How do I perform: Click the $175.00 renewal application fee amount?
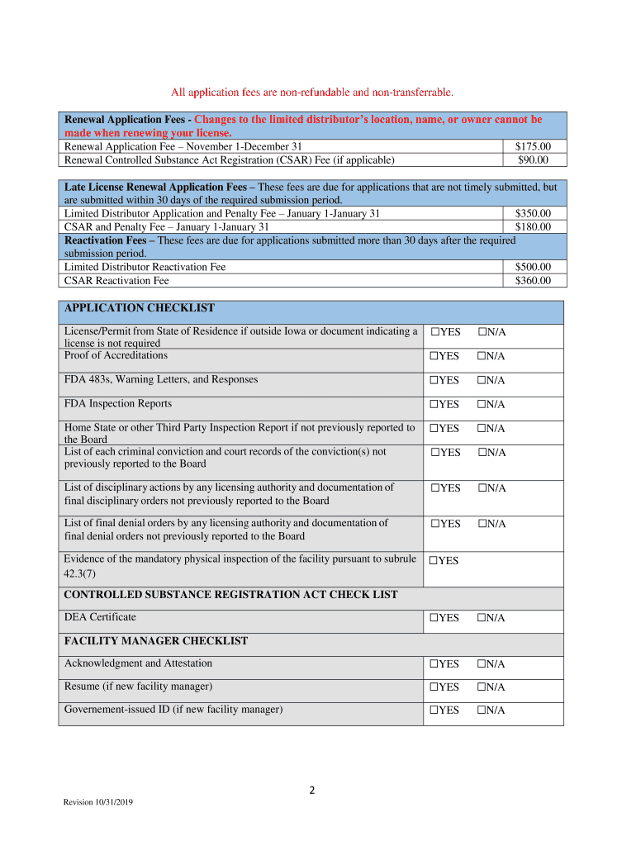(x=533, y=146)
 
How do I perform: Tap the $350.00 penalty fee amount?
(x=533, y=213)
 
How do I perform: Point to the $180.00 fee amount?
(x=533, y=226)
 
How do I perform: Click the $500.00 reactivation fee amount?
(x=533, y=267)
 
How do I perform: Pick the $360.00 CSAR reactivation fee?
(x=533, y=280)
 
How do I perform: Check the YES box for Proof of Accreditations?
(x=434, y=356)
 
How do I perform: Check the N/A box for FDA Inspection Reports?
(x=482, y=404)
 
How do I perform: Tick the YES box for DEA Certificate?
(x=434, y=618)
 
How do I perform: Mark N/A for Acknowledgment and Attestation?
(x=482, y=664)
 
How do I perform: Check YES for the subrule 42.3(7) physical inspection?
(x=434, y=561)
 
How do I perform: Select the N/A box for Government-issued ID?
(x=482, y=711)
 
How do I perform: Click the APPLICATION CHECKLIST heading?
(x=140, y=308)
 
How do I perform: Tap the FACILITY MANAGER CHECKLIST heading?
(x=156, y=641)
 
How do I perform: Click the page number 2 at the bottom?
(x=311, y=790)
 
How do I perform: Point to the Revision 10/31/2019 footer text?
(x=97, y=804)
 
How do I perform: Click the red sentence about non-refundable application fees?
(x=311, y=91)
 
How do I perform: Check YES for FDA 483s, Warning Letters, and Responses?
(x=434, y=380)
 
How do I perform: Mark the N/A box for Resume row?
(x=482, y=687)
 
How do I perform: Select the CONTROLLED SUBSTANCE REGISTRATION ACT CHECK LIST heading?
(x=230, y=595)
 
